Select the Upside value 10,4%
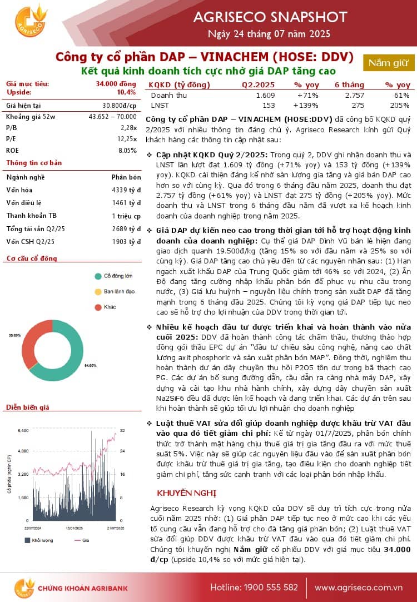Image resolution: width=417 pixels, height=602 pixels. tap(127, 92)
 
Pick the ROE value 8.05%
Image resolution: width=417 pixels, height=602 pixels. tap(127, 150)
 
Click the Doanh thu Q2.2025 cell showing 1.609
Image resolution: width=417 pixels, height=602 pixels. tap(265, 96)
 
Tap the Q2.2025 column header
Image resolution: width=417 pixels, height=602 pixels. tap(258, 85)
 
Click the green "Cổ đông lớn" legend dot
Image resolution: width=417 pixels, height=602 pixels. tap(97, 276)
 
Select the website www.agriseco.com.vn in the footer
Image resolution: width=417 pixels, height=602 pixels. tap(358, 587)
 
